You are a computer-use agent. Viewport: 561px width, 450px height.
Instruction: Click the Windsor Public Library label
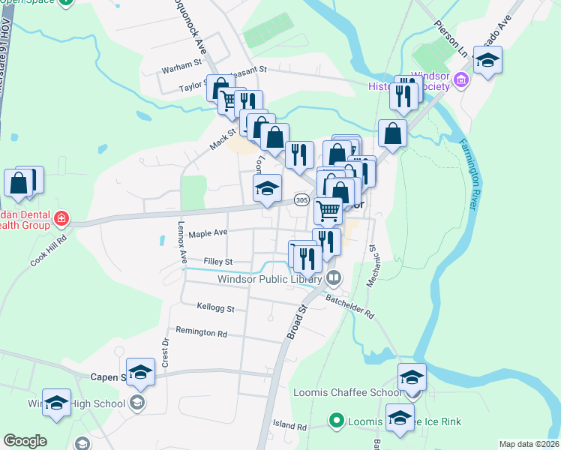click(x=269, y=279)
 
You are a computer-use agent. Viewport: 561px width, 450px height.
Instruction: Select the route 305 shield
click(x=301, y=200)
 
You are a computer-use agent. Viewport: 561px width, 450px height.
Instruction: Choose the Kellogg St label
click(x=215, y=307)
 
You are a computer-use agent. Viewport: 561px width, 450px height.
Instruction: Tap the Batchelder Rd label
click(x=349, y=305)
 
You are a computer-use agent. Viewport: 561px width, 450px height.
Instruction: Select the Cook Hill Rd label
click(x=49, y=249)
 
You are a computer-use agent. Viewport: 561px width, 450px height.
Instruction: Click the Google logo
click(x=25, y=441)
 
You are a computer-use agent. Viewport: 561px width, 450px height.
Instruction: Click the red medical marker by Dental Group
click(x=61, y=220)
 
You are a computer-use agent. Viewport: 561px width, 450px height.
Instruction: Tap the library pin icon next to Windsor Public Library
click(x=334, y=278)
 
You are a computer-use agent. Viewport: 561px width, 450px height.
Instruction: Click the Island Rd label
click(x=290, y=427)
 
